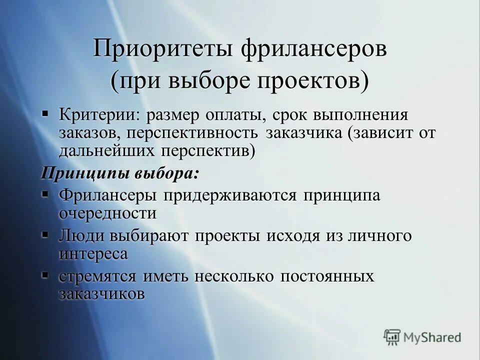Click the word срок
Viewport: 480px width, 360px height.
click(290, 115)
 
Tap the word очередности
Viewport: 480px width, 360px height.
click(107, 213)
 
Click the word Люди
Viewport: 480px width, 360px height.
click(81, 236)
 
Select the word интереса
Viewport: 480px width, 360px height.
click(93, 253)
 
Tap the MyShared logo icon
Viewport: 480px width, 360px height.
click(392, 337)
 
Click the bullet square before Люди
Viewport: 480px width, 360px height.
click(45, 234)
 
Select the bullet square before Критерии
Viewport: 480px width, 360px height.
click(45, 113)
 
